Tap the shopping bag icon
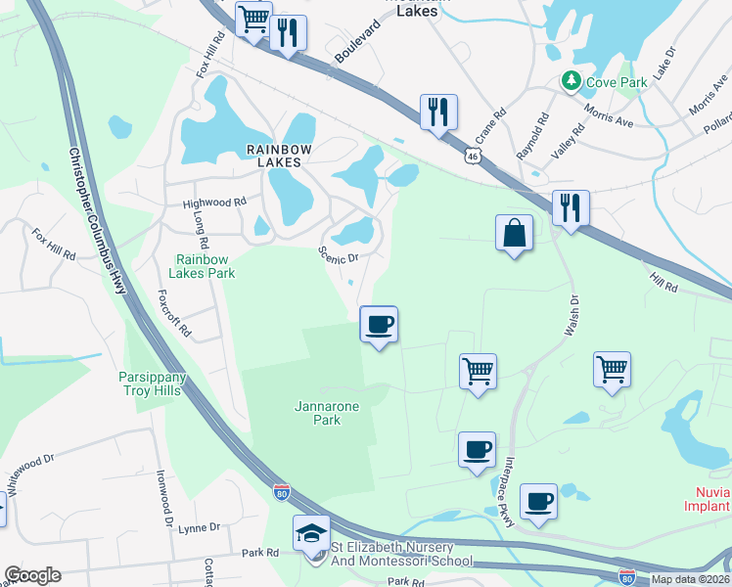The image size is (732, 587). coord(514,233)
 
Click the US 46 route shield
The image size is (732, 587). coord(473,156)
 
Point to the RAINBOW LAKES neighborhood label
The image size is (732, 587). coord(279,156)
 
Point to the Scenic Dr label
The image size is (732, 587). coord(339,255)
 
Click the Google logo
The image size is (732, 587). coord(32,575)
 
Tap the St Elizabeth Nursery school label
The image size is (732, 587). coord(401,555)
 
